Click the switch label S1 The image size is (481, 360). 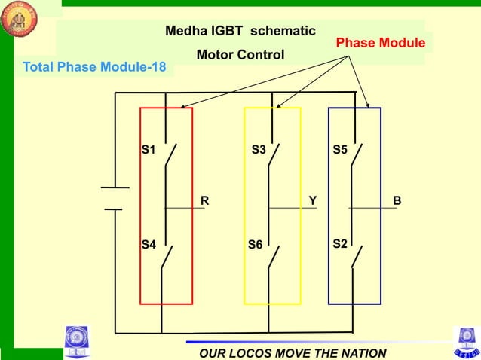(x=149, y=150)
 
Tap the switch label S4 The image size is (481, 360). (x=149, y=245)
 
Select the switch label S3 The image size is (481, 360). (x=259, y=150)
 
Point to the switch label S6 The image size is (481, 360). (x=256, y=246)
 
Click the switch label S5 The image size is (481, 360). (x=340, y=150)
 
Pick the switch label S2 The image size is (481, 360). (x=340, y=245)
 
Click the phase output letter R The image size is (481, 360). (x=204, y=201)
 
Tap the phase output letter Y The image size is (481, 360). (x=312, y=201)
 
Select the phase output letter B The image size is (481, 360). (x=397, y=201)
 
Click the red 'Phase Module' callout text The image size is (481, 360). (x=380, y=43)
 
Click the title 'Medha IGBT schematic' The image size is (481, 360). (x=240, y=32)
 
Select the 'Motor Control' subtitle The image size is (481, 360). (x=240, y=55)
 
